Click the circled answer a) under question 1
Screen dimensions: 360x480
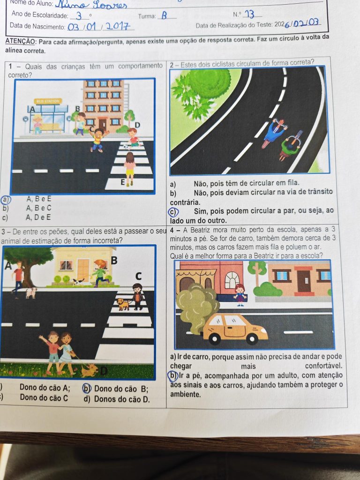coord(6,200)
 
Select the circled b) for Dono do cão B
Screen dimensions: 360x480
coord(87,389)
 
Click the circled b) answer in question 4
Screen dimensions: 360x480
coord(172,375)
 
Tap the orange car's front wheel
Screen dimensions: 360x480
coord(252,338)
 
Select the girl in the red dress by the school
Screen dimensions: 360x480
coord(240,294)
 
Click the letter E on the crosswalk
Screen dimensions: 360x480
coord(123,182)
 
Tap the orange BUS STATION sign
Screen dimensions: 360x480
coord(49,101)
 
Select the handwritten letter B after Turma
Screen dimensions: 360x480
coord(165,15)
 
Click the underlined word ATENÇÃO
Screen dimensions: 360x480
coord(21,42)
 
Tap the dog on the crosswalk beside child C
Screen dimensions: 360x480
coord(123,304)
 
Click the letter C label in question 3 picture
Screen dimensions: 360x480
coord(138,277)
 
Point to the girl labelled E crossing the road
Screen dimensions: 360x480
coord(130,169)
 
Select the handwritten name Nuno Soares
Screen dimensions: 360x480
coord(91,5)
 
